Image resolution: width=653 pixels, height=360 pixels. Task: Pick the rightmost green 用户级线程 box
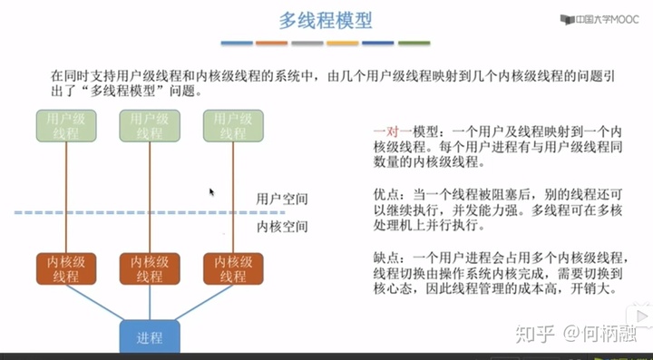coord(230,125)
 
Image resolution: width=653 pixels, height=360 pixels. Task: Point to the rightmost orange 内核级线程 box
coord(230,268)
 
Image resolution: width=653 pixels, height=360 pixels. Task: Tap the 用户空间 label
coord(282,198)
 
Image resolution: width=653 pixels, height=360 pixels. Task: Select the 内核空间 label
coord(282,227)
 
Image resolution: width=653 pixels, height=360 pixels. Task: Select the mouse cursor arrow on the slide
coord(211,192)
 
